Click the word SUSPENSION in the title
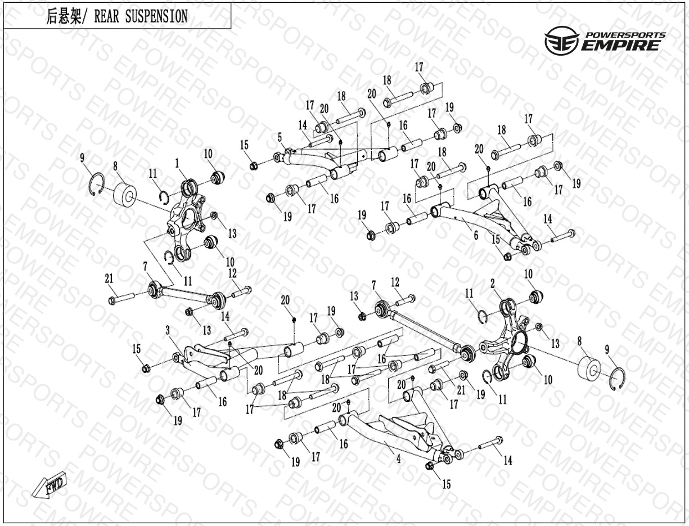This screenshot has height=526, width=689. (x=156, y=16)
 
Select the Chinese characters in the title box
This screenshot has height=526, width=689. (x=64, y=16)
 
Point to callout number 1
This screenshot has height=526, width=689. (x=177, y=163)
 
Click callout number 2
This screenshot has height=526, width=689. (x=493, y=285)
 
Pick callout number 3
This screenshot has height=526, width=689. (x=168, y=330)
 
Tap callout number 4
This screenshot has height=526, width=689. (x=398, y=459)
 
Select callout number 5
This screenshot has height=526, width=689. (x=280, y=137)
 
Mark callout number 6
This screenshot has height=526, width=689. (x=476, y=235)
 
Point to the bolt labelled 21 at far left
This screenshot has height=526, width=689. (x=121, y=299)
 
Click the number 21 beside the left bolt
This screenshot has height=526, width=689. (x=109, y=278)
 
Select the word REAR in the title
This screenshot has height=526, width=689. (x=107, y=16)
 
